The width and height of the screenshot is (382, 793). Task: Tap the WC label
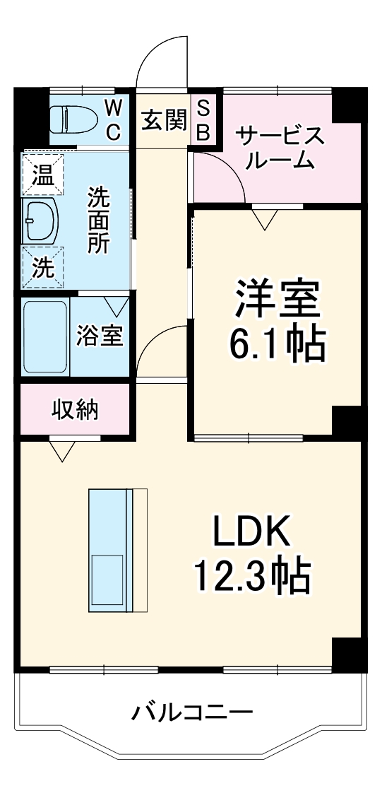(114, 119)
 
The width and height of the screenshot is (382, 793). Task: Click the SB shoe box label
(203, 119)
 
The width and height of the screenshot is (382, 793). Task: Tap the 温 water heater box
(42, 173)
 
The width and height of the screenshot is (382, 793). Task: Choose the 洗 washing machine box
(42, 266)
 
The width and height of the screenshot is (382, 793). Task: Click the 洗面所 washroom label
(98, 220)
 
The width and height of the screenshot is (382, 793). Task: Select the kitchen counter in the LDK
(117, 550)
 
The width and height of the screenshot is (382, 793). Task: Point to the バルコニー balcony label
(191, 711)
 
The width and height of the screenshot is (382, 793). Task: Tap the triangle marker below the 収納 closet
(64, 450)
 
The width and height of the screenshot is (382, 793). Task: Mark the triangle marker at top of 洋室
(265, 220)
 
